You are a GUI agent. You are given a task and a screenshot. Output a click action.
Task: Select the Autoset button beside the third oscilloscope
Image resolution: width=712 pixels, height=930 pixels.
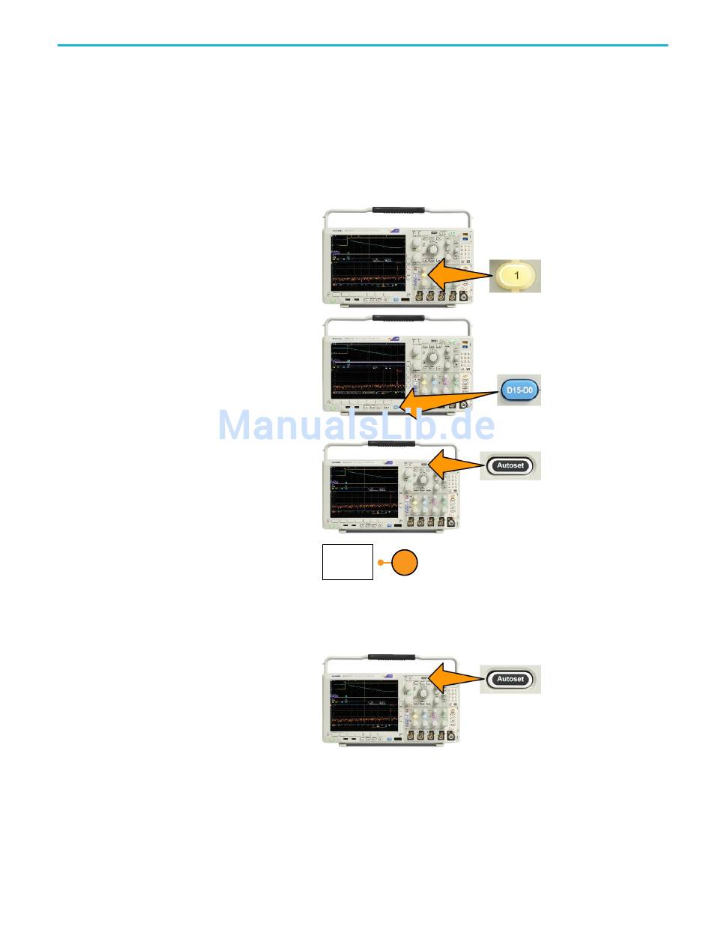[510, 465]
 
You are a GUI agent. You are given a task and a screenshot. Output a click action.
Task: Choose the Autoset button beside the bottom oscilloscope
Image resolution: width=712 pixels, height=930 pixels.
[510, 680]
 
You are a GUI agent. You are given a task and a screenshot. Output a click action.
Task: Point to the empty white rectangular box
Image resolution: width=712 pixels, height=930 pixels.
[347, 562]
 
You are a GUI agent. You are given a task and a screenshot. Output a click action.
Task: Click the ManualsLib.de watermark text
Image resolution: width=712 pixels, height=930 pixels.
[356, 426]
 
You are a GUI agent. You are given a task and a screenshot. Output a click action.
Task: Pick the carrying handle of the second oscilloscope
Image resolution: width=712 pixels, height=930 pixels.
[397, 318]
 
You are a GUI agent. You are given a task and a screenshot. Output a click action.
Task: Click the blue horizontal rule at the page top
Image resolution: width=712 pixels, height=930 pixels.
[362, 45]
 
